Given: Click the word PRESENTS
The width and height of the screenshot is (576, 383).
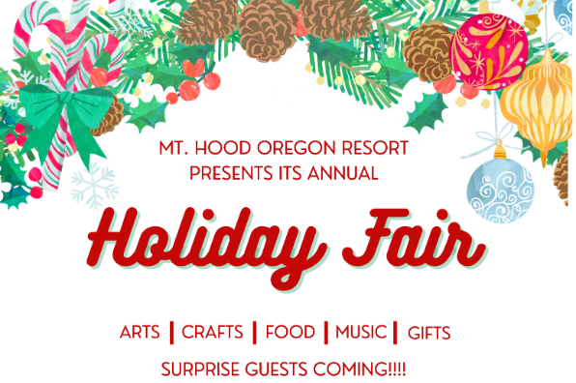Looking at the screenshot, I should tap(232, 174).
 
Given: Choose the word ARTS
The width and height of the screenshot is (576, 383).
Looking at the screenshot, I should tap(140, 333).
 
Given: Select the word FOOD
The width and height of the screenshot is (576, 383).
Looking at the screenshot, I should tap(290, 333).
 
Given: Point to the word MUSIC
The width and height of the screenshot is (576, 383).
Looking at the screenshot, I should tap(361, 333).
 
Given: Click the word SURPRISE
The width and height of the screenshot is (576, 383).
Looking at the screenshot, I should tap(204, 368).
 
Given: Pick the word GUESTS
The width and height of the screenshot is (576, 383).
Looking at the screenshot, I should tap(290, 368).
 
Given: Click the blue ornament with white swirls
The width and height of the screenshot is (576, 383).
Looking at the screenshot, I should tap(500, 188).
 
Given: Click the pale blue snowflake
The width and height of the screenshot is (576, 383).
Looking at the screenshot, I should tap(94, 185).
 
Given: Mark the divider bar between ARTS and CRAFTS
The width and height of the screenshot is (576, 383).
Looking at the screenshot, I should tap(171, 333).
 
